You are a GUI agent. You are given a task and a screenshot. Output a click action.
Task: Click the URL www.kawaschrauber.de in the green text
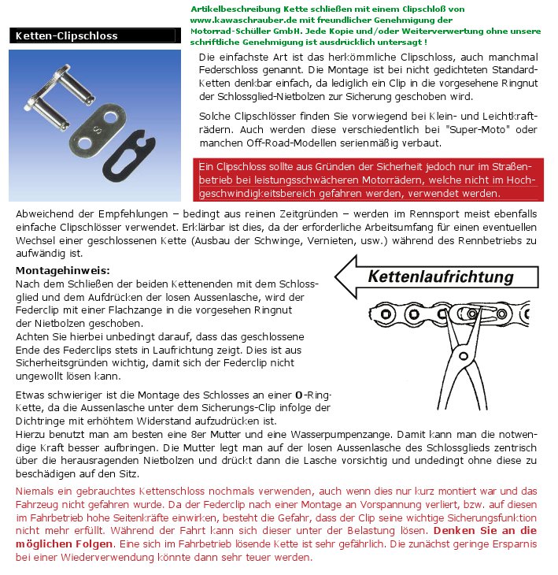238,19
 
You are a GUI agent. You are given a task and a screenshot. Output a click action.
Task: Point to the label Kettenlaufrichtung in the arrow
441,276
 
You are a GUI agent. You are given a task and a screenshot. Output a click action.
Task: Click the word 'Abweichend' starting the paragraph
46,213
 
